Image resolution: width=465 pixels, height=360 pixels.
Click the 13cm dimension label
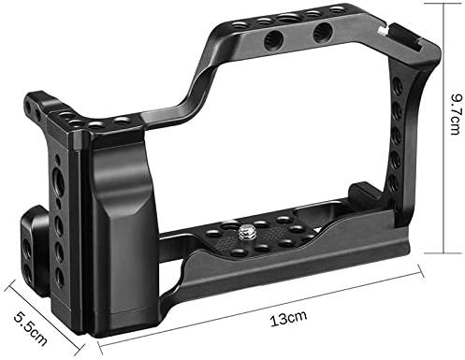pyautogui.click(x=288, y=318)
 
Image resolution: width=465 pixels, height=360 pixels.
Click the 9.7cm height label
pyautogui.click(x=456, y=113)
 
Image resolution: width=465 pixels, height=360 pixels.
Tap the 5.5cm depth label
pyautogui.click(x=31, y=328)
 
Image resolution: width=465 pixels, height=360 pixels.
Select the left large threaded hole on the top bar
pyautogui.click(x=273, y=41)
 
